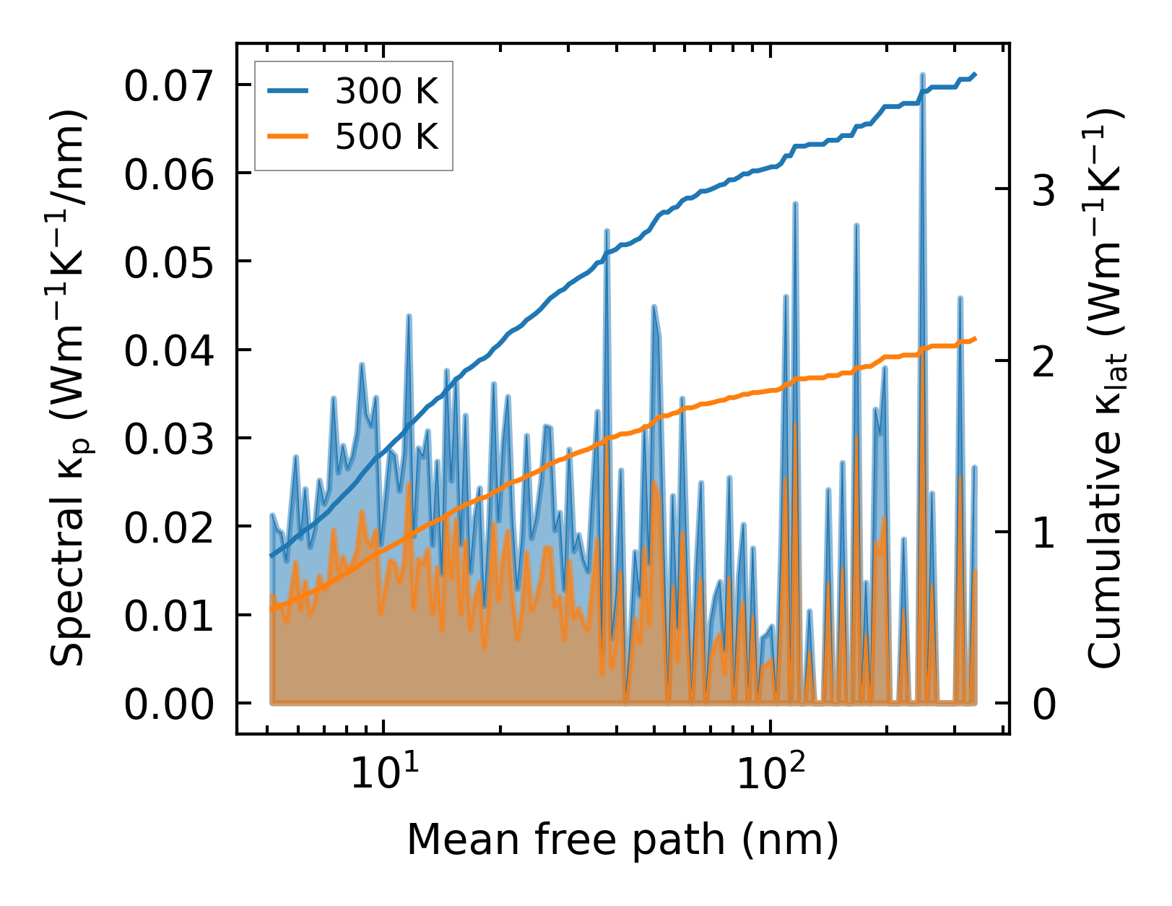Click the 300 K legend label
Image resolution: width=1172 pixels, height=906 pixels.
(386, 91)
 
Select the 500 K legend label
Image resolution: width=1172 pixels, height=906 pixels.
(386, 136)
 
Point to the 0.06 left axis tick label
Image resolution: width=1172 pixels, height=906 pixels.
(169, 175)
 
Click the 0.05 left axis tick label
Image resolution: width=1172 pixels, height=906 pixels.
(169, 263)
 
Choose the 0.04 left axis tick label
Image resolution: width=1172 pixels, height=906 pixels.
(169, 352)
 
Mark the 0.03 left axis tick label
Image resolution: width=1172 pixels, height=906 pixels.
(169, 440)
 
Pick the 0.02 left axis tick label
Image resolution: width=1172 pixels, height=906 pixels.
(169, 528)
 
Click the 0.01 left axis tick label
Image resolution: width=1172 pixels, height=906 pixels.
(169, 617)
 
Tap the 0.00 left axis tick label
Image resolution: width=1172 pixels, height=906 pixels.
(169, 705)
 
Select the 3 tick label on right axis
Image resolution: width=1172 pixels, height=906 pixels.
(1044, 191)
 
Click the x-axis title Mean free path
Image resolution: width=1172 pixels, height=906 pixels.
(622, 840)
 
